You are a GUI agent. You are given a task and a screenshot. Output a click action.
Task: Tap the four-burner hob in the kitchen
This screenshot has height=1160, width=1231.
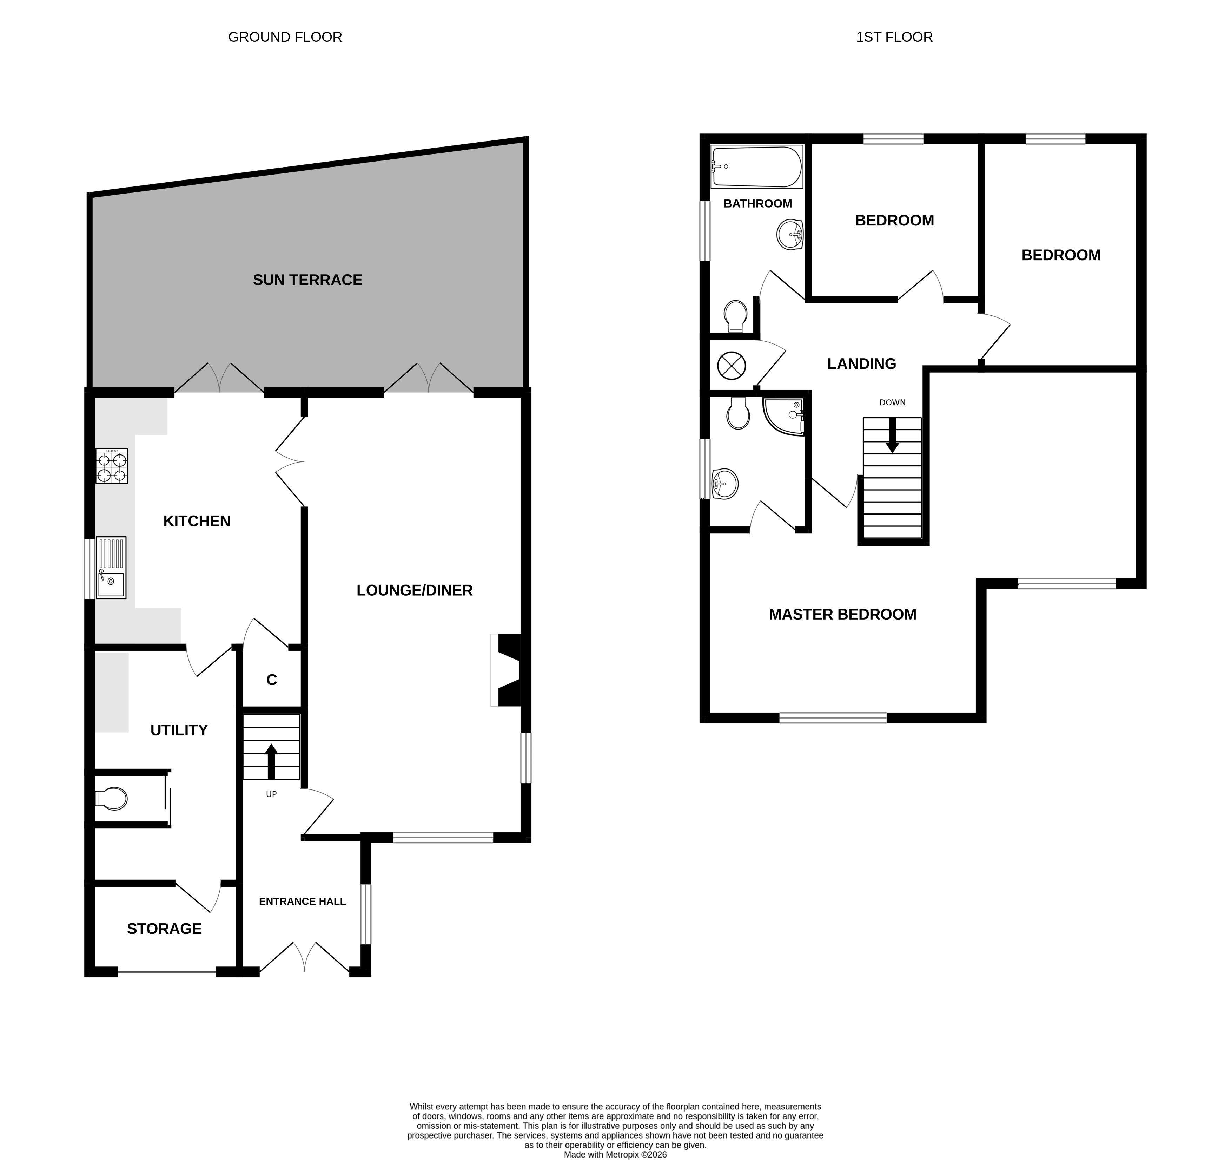[x=112, y=466]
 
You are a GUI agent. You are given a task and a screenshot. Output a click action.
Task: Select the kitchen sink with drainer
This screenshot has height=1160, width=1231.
[x=111, y=568]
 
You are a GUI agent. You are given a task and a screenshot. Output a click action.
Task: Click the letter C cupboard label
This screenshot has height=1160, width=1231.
[x=271, y=680]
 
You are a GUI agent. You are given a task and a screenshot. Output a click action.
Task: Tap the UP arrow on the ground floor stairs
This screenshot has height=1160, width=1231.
[x=271, y=761]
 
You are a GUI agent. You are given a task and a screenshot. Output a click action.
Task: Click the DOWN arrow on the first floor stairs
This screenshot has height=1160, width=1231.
[x=892, y=435]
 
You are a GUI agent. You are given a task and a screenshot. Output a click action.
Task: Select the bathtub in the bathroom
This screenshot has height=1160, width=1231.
[x=757, y=167]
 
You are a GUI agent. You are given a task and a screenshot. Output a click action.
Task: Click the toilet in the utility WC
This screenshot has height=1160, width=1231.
[x=112, y=799]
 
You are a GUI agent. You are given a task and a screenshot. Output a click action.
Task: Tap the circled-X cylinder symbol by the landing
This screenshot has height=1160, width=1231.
[x=731, y=366]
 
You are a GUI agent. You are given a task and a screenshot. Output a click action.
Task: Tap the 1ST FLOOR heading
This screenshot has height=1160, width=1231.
[x=894, y=37]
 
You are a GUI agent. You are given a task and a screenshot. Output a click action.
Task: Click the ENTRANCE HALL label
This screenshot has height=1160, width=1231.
[x=302, y=902]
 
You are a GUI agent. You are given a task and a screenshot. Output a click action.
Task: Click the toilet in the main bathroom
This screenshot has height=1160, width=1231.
[x=736, y=315]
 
